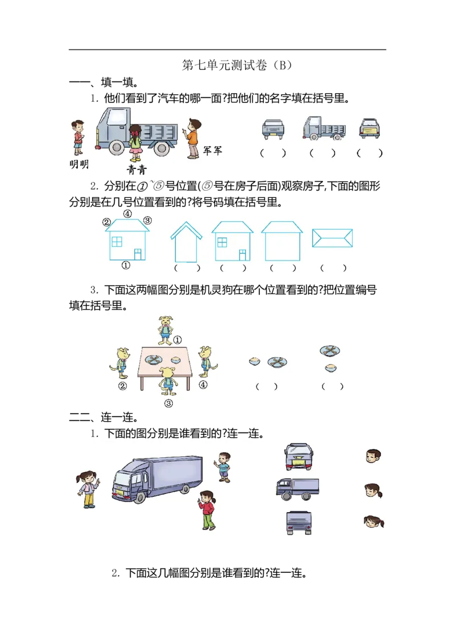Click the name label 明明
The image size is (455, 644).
[x=78, y=164]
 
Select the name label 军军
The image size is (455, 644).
[x=213, y=150]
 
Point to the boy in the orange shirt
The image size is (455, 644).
[x=193, y=138]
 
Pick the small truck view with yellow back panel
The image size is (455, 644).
[x=370, y=129]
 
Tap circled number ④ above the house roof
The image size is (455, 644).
[x=128, y=214]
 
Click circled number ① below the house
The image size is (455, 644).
[x=126, y=265]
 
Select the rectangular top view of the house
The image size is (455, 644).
[x=333, y=238]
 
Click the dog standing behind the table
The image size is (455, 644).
[x=166, y=331]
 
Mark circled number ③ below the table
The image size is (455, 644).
[x=168, y=403]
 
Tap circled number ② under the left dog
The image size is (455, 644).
[x=123, y=386]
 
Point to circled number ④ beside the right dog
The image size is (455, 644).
[x=203, y=385]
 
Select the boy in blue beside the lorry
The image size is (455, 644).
[x=224, y=467]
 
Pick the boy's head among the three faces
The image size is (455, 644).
[x=373, y=456]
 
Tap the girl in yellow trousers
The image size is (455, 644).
[x=88, y=489]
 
